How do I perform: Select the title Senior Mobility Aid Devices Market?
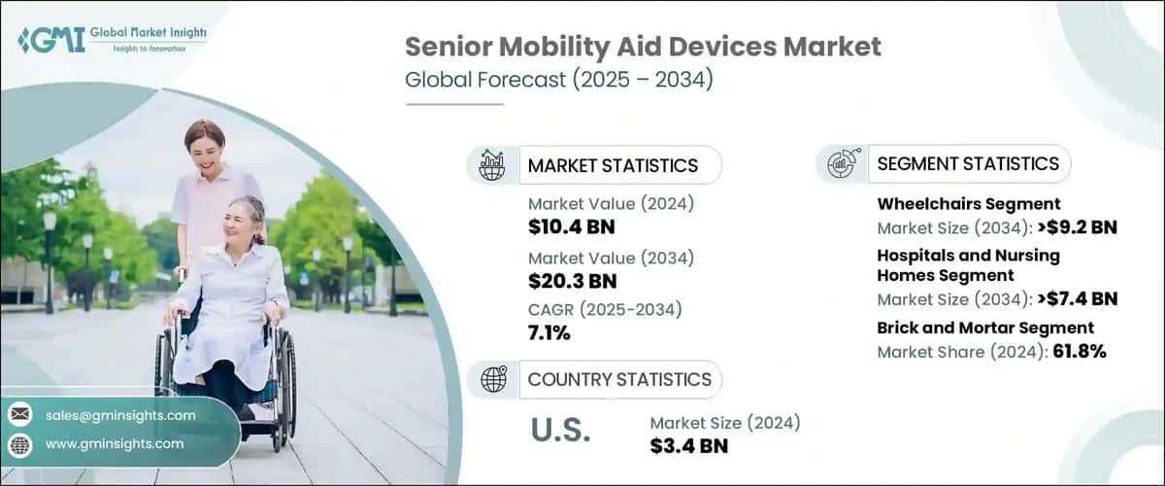(x=643, y=46)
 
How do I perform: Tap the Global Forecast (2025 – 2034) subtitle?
(x=558, y=79)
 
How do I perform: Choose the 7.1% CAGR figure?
(x=549, y=333)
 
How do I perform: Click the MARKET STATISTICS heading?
(x=613, y=165)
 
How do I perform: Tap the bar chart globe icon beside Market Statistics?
(x=492, y=165)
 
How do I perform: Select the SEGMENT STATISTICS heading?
(x=968, y=163)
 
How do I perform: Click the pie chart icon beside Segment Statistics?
(x=842, y=163)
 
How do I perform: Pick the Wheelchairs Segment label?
(x=969, y=203)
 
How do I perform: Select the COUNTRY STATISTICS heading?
(x=619, y=379)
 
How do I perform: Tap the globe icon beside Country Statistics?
(x=493, y=379)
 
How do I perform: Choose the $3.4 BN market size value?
(x=688, y=445)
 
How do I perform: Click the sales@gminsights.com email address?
(x=119, y=415)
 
